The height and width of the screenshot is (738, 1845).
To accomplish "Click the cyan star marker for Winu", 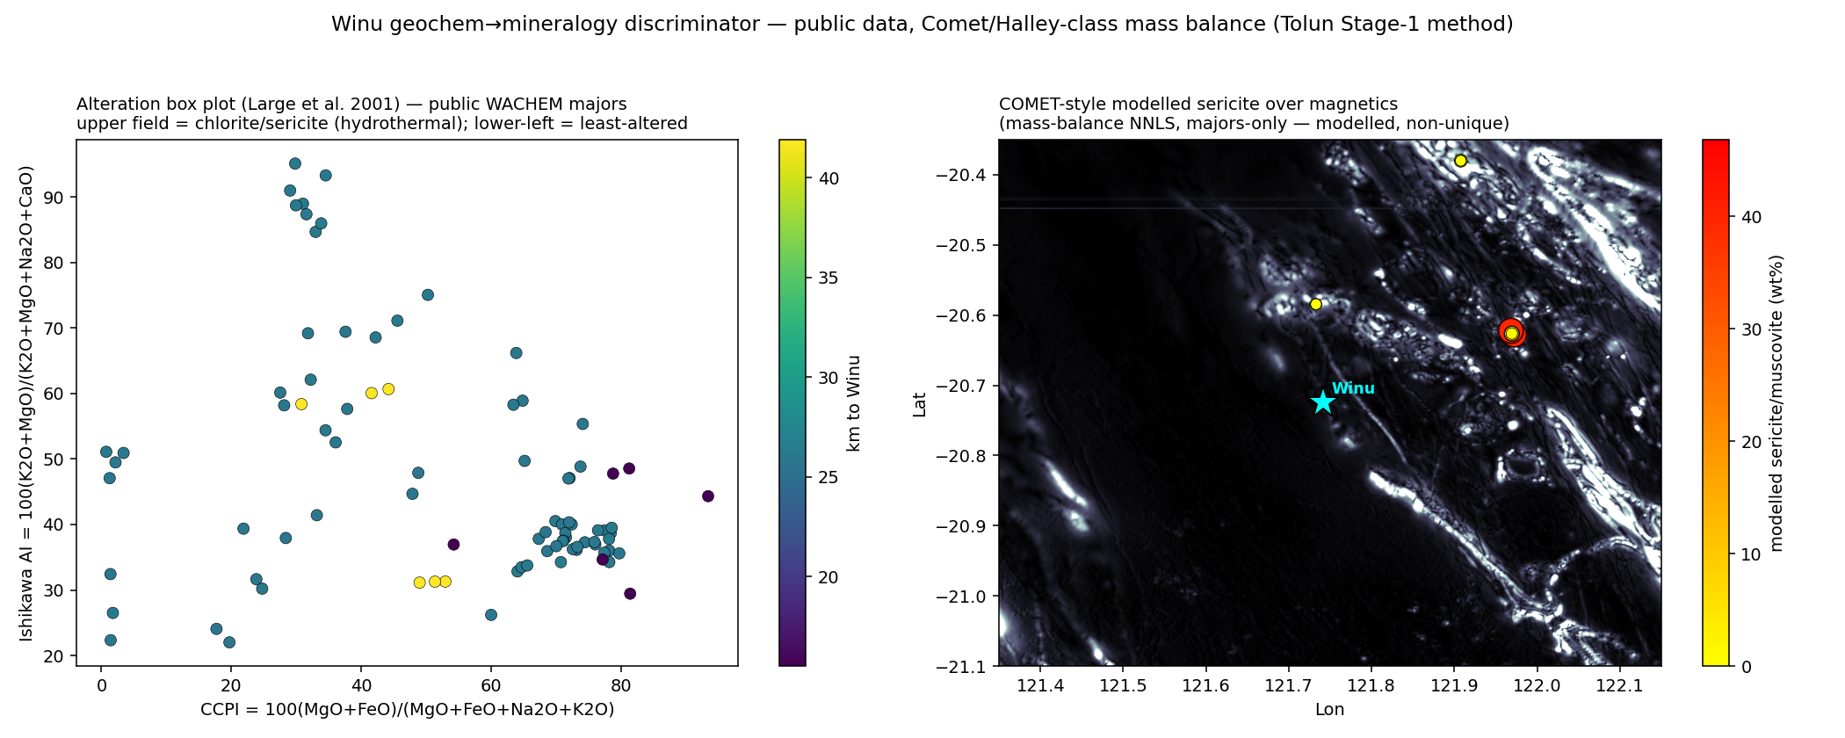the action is coord(1323,402).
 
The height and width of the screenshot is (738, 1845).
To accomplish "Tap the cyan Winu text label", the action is coord(1353,388).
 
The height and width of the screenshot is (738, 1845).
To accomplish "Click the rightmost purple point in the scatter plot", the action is coord(708,496).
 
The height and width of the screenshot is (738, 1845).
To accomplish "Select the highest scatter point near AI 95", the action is coord(295,163).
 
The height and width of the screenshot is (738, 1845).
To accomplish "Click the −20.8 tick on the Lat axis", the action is coord(967,456).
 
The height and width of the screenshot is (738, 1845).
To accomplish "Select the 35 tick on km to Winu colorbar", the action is coord(828,279).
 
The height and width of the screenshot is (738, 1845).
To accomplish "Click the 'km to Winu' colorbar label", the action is coord(853,403).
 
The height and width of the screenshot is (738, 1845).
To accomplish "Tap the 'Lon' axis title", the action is coord(1330,709).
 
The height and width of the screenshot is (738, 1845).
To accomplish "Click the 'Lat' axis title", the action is coord(920,404).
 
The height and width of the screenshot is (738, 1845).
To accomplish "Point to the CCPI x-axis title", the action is coord(408,709).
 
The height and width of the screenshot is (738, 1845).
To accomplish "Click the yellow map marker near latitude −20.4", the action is coord(1460,161).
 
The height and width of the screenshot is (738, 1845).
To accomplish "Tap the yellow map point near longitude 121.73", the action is coord(1316,304).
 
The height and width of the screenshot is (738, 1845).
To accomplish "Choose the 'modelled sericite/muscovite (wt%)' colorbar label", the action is coord(1777,403).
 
